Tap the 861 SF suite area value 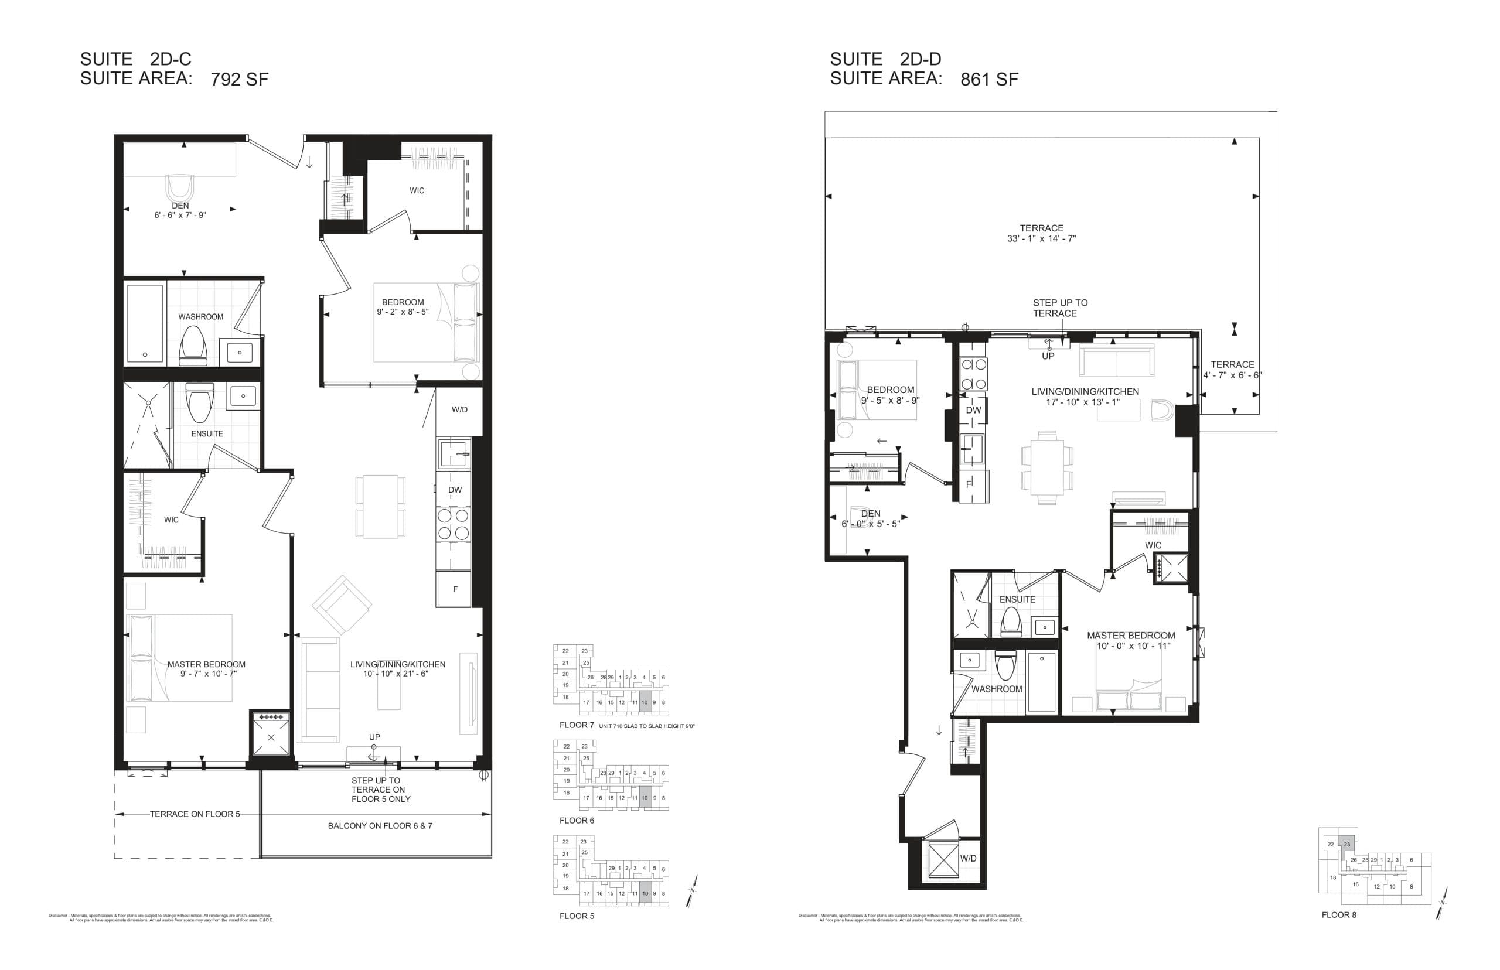click(988, 79)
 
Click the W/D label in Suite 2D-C click(459, 409)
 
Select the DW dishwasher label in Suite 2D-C click(454, 490)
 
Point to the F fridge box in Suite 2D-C click(454, 589)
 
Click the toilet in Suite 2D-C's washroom click(193, 346)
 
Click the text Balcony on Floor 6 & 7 click(380, 826)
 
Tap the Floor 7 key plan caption click(577, 725)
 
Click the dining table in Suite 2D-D click(1046, 467)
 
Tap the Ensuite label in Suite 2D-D click(1017, 599)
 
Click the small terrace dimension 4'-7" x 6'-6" click(1232, 375)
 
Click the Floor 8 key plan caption click(1339, 914)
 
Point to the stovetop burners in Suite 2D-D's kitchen click(973, 374)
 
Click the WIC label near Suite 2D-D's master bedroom click(1153, 545)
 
